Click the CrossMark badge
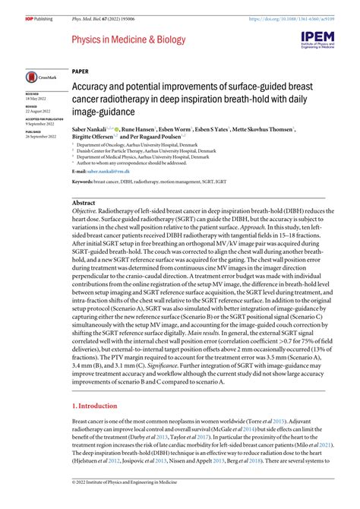(39, 77)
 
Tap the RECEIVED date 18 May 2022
(35, 98)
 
